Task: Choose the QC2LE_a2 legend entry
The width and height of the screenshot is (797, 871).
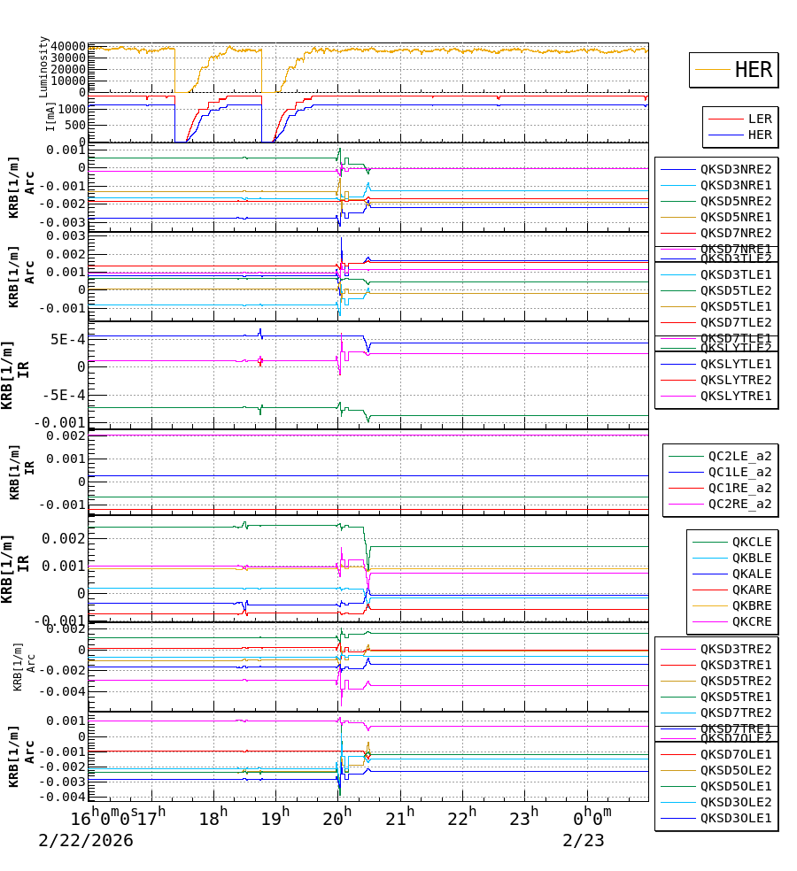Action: point(739,457)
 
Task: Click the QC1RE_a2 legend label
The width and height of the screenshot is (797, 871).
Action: point(739,489)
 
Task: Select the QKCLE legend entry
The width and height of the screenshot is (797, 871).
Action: point(752,542)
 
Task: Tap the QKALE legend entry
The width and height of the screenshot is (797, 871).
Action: point(752,574)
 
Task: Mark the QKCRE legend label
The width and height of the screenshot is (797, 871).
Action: point(752,621)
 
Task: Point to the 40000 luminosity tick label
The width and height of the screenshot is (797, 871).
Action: point(68,46)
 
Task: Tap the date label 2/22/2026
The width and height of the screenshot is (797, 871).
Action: point(86,840)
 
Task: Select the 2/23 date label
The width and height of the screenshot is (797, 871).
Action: point(584,840)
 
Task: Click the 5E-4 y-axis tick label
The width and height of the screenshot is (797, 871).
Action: point(67,339)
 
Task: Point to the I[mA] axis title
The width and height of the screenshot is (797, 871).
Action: point(50,116)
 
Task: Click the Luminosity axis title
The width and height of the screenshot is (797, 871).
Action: point(44,66)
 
